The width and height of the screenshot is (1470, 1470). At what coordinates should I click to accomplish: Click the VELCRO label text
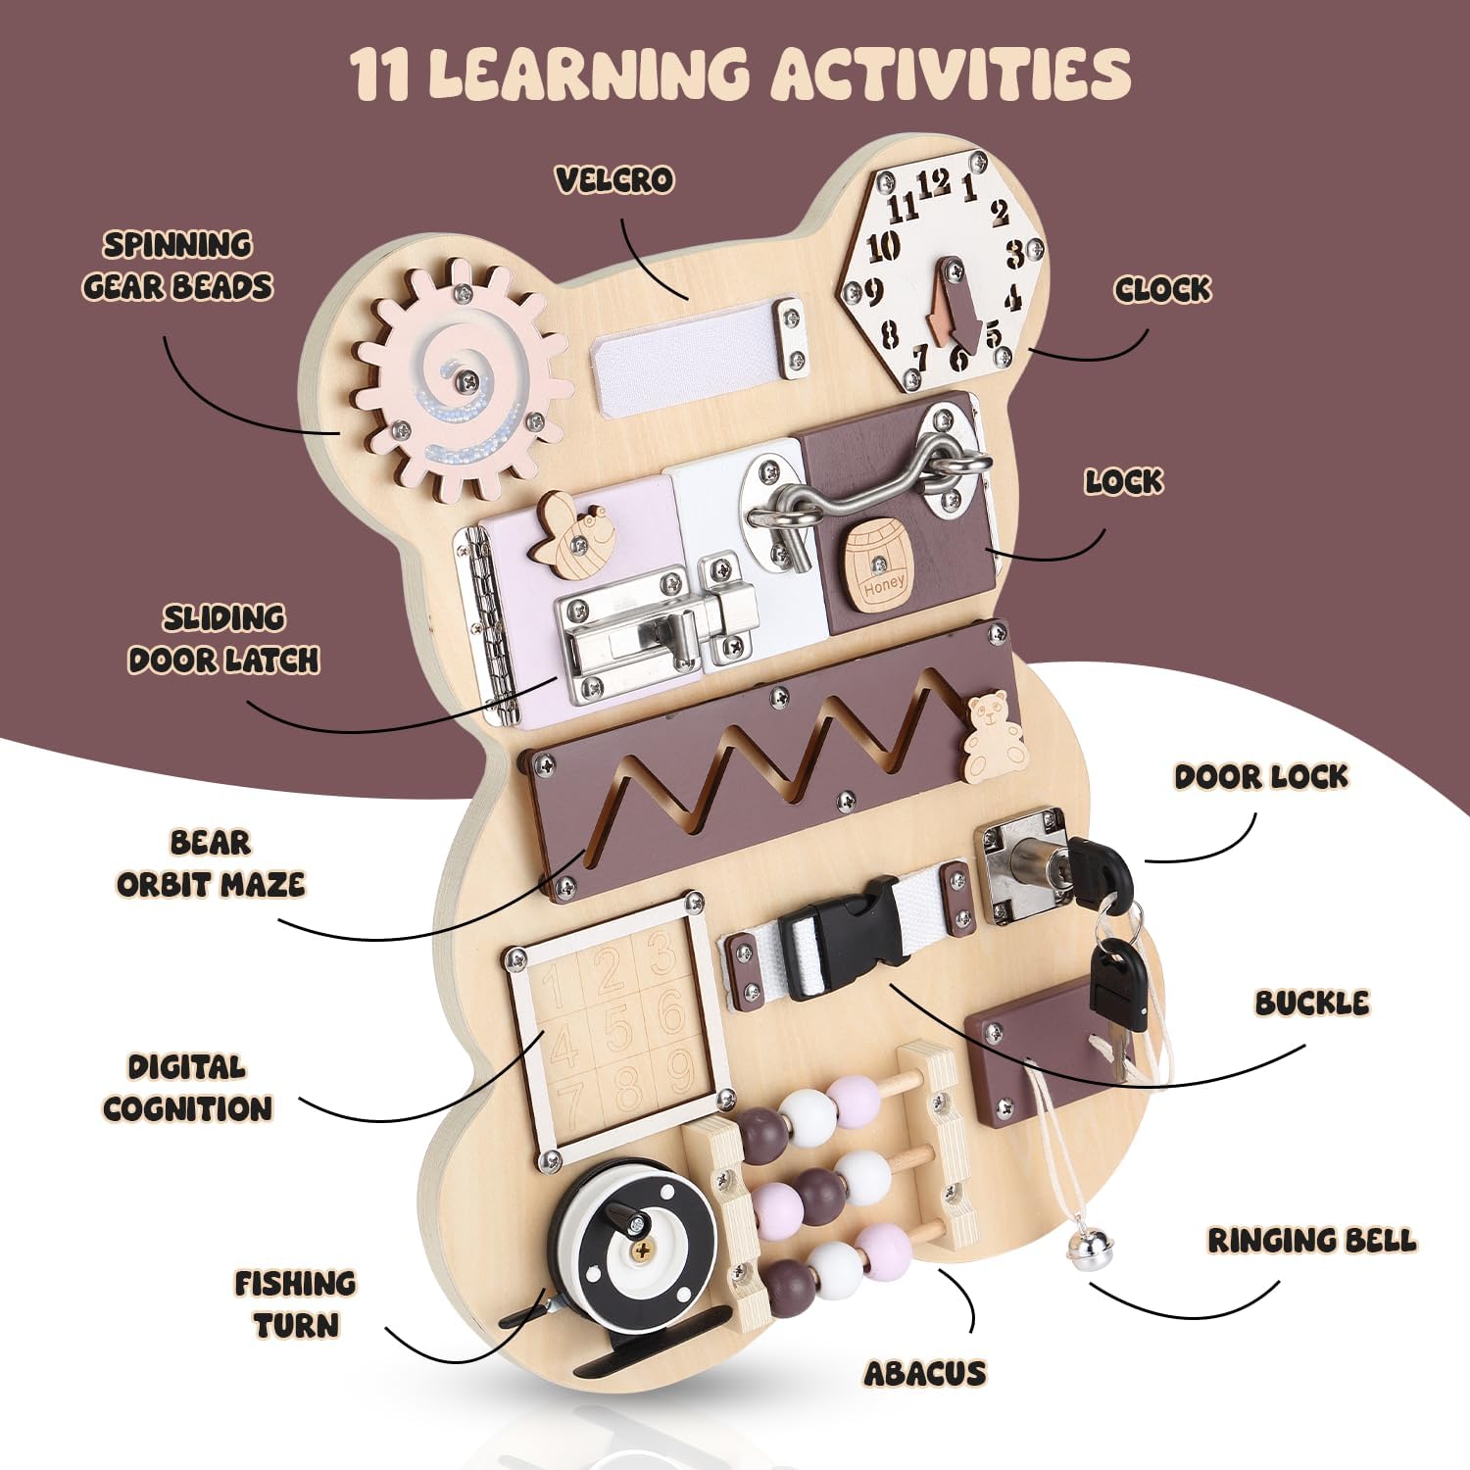click(x=614, y=179)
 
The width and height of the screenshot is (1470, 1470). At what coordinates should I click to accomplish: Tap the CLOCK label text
click(x=1162, y=289)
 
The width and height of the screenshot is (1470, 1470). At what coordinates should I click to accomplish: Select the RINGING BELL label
click(x=1311, y=1241)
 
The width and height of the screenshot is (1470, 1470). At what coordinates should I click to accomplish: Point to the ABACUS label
click(x=924, y=1374)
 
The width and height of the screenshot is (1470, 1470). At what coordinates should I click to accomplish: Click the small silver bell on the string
click(x=1085, y=1257)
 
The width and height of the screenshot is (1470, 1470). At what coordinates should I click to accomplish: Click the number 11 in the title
click(x=380, y=73)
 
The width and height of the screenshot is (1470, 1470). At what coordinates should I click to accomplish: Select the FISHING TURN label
click(x=295, y=1304)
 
